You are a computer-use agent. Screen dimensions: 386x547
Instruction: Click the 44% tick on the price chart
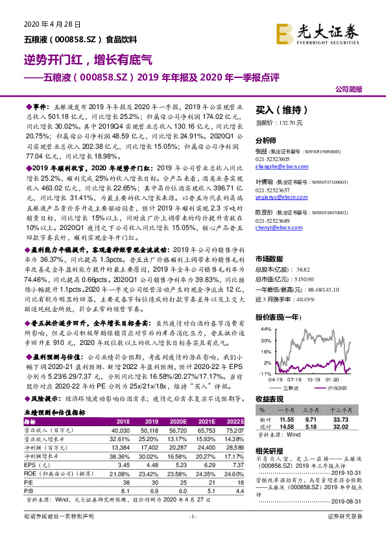(265, 329)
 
